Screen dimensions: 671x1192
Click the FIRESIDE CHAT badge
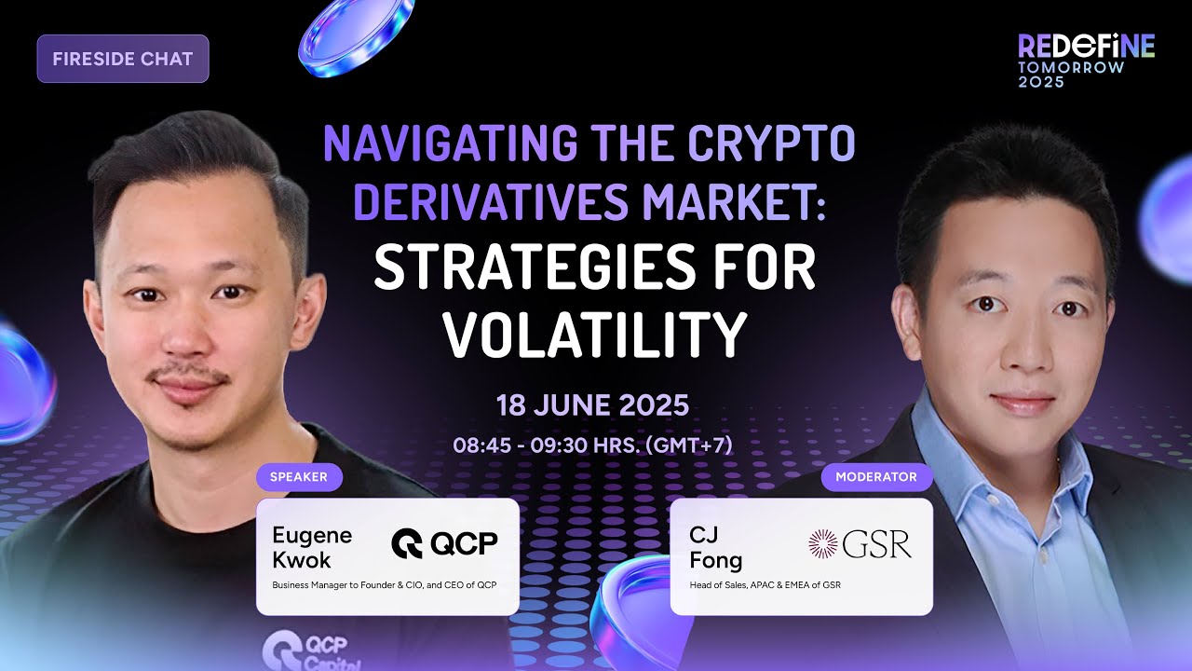tap(123, 59)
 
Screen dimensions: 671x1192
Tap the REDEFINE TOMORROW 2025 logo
tap(1086, 61)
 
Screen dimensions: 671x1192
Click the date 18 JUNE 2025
tap(592, 405)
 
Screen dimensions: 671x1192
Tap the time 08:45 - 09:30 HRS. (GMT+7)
tap(593, 445)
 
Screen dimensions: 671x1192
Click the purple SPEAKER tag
tap(298, 477)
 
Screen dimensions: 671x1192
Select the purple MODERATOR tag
tap(876, 477)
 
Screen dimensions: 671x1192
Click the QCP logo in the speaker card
tap(444, 543)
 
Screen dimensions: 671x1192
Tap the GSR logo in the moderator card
tap(860, 544)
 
